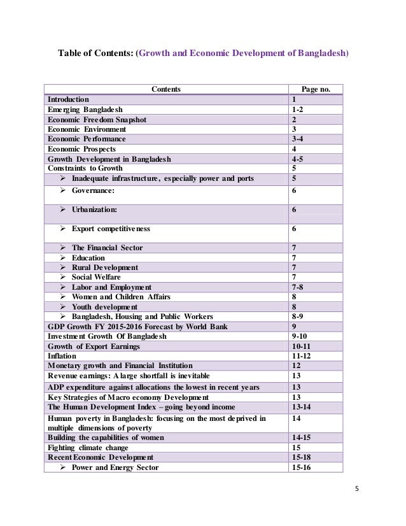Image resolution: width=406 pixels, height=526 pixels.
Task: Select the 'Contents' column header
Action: [x=165, y=89]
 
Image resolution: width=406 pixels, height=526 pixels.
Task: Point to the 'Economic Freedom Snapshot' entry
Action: [x=97, y=119]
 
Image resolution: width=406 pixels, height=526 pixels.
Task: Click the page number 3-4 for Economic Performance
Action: [x=297, y=138]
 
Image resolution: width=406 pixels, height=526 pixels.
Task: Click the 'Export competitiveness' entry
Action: [x=111, y=228]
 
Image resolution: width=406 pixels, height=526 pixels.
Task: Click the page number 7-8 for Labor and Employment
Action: [x=297, y=287]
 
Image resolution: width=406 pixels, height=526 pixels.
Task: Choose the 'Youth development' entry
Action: [x=104, y=306]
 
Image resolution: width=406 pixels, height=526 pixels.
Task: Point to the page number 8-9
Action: [x=297, y=316]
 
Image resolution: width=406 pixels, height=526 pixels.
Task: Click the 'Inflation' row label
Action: [x=63, y=355]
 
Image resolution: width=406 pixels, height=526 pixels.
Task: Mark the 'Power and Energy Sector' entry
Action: [x=115, y=467]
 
